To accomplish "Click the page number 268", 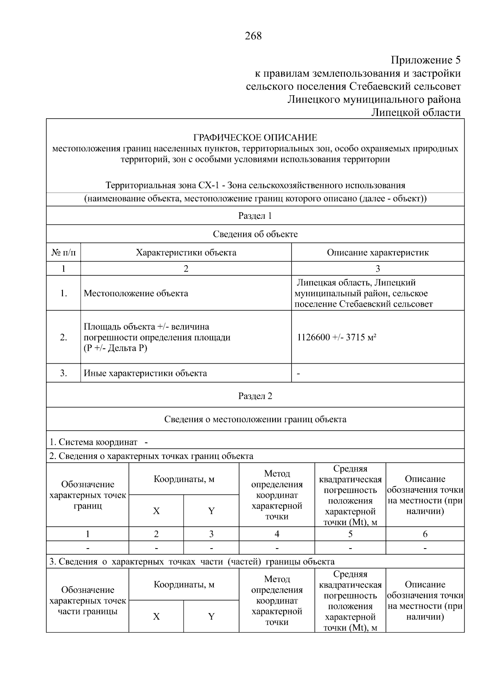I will tap(253, 36).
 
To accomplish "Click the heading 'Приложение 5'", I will tap(426, 61).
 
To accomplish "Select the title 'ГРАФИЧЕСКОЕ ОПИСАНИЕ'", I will tap(255, 138).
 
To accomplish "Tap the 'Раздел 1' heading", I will tap(255, 216).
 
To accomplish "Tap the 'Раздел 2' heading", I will tap(255, 396).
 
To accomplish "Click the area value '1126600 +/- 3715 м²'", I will tap(337, 337).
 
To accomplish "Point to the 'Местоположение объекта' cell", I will tap(136, 293).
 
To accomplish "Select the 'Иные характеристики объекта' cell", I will tap(145, 373).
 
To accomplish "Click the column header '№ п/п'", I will tap(63, 253).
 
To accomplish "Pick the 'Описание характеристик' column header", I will tap(378, 253).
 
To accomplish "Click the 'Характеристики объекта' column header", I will tap(186, 253).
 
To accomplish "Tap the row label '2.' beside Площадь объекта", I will tap(63, 337).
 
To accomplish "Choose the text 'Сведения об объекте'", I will tap(255, 234).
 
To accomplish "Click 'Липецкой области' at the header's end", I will tap(415, 112).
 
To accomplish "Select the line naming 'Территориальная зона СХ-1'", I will tap(255, 185).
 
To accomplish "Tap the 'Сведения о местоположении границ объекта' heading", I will tap(255, 419).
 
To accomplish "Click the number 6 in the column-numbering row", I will tap(425, 534).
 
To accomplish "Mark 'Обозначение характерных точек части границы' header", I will tap(88, 601).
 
